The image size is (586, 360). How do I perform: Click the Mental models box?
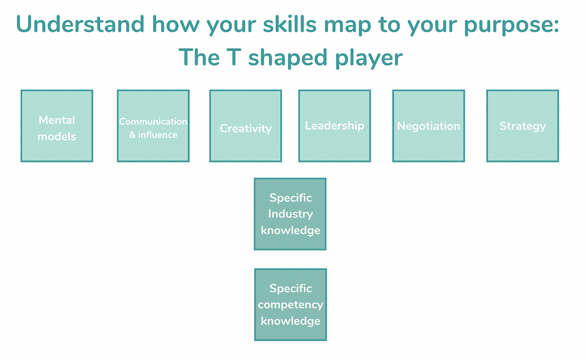[x=57, y=126]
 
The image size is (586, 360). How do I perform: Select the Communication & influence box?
[x=153, y=126]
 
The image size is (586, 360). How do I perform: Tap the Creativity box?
[x=246, y=126]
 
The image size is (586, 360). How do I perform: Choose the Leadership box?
[x=335, y=126]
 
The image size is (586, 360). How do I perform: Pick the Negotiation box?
[x=429, y=126]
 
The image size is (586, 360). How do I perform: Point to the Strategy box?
[x=523, y=126]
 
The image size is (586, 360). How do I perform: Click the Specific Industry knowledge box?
[x=290, y=214]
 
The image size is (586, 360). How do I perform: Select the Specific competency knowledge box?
[x=291, y=305]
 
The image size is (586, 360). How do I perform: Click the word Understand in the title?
[x=80, y=24]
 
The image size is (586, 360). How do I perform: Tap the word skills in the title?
[x=290, y=24]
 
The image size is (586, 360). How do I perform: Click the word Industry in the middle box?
[x=291, y=214]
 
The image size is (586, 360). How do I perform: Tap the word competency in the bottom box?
[x=291, y=305]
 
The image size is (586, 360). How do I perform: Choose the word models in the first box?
[x=57, y=137]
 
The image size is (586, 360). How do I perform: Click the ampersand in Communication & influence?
[x=132, y=135]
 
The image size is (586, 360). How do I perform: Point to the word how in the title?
[x=176, y=24]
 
